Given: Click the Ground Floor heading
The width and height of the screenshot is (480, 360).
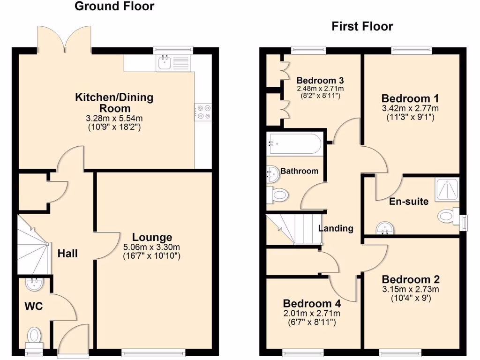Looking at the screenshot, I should [x=114, y=7].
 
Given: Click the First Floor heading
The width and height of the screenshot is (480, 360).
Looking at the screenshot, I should [x=362, y=26].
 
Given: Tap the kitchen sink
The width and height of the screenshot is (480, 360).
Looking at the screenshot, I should [x=164, y=62].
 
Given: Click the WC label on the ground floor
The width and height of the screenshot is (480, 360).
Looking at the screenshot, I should [x=34, y=307].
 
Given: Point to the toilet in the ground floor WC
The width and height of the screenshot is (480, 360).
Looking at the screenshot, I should [x=34, y=335].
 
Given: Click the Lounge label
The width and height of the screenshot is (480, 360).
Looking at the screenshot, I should [x=152, y=237].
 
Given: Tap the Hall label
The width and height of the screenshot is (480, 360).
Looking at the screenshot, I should [x=67, y=254].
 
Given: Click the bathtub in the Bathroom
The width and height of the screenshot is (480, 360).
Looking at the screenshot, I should [x=294, y=144].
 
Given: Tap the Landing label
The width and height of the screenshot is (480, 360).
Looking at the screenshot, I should [x=336, y=229].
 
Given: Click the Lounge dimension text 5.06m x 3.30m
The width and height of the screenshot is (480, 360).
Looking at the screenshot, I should [x=151, y=247].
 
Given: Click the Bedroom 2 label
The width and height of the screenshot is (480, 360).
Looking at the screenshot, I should [x=411, y=279].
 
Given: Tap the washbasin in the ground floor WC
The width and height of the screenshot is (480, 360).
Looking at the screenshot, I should [x=34, y=283].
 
